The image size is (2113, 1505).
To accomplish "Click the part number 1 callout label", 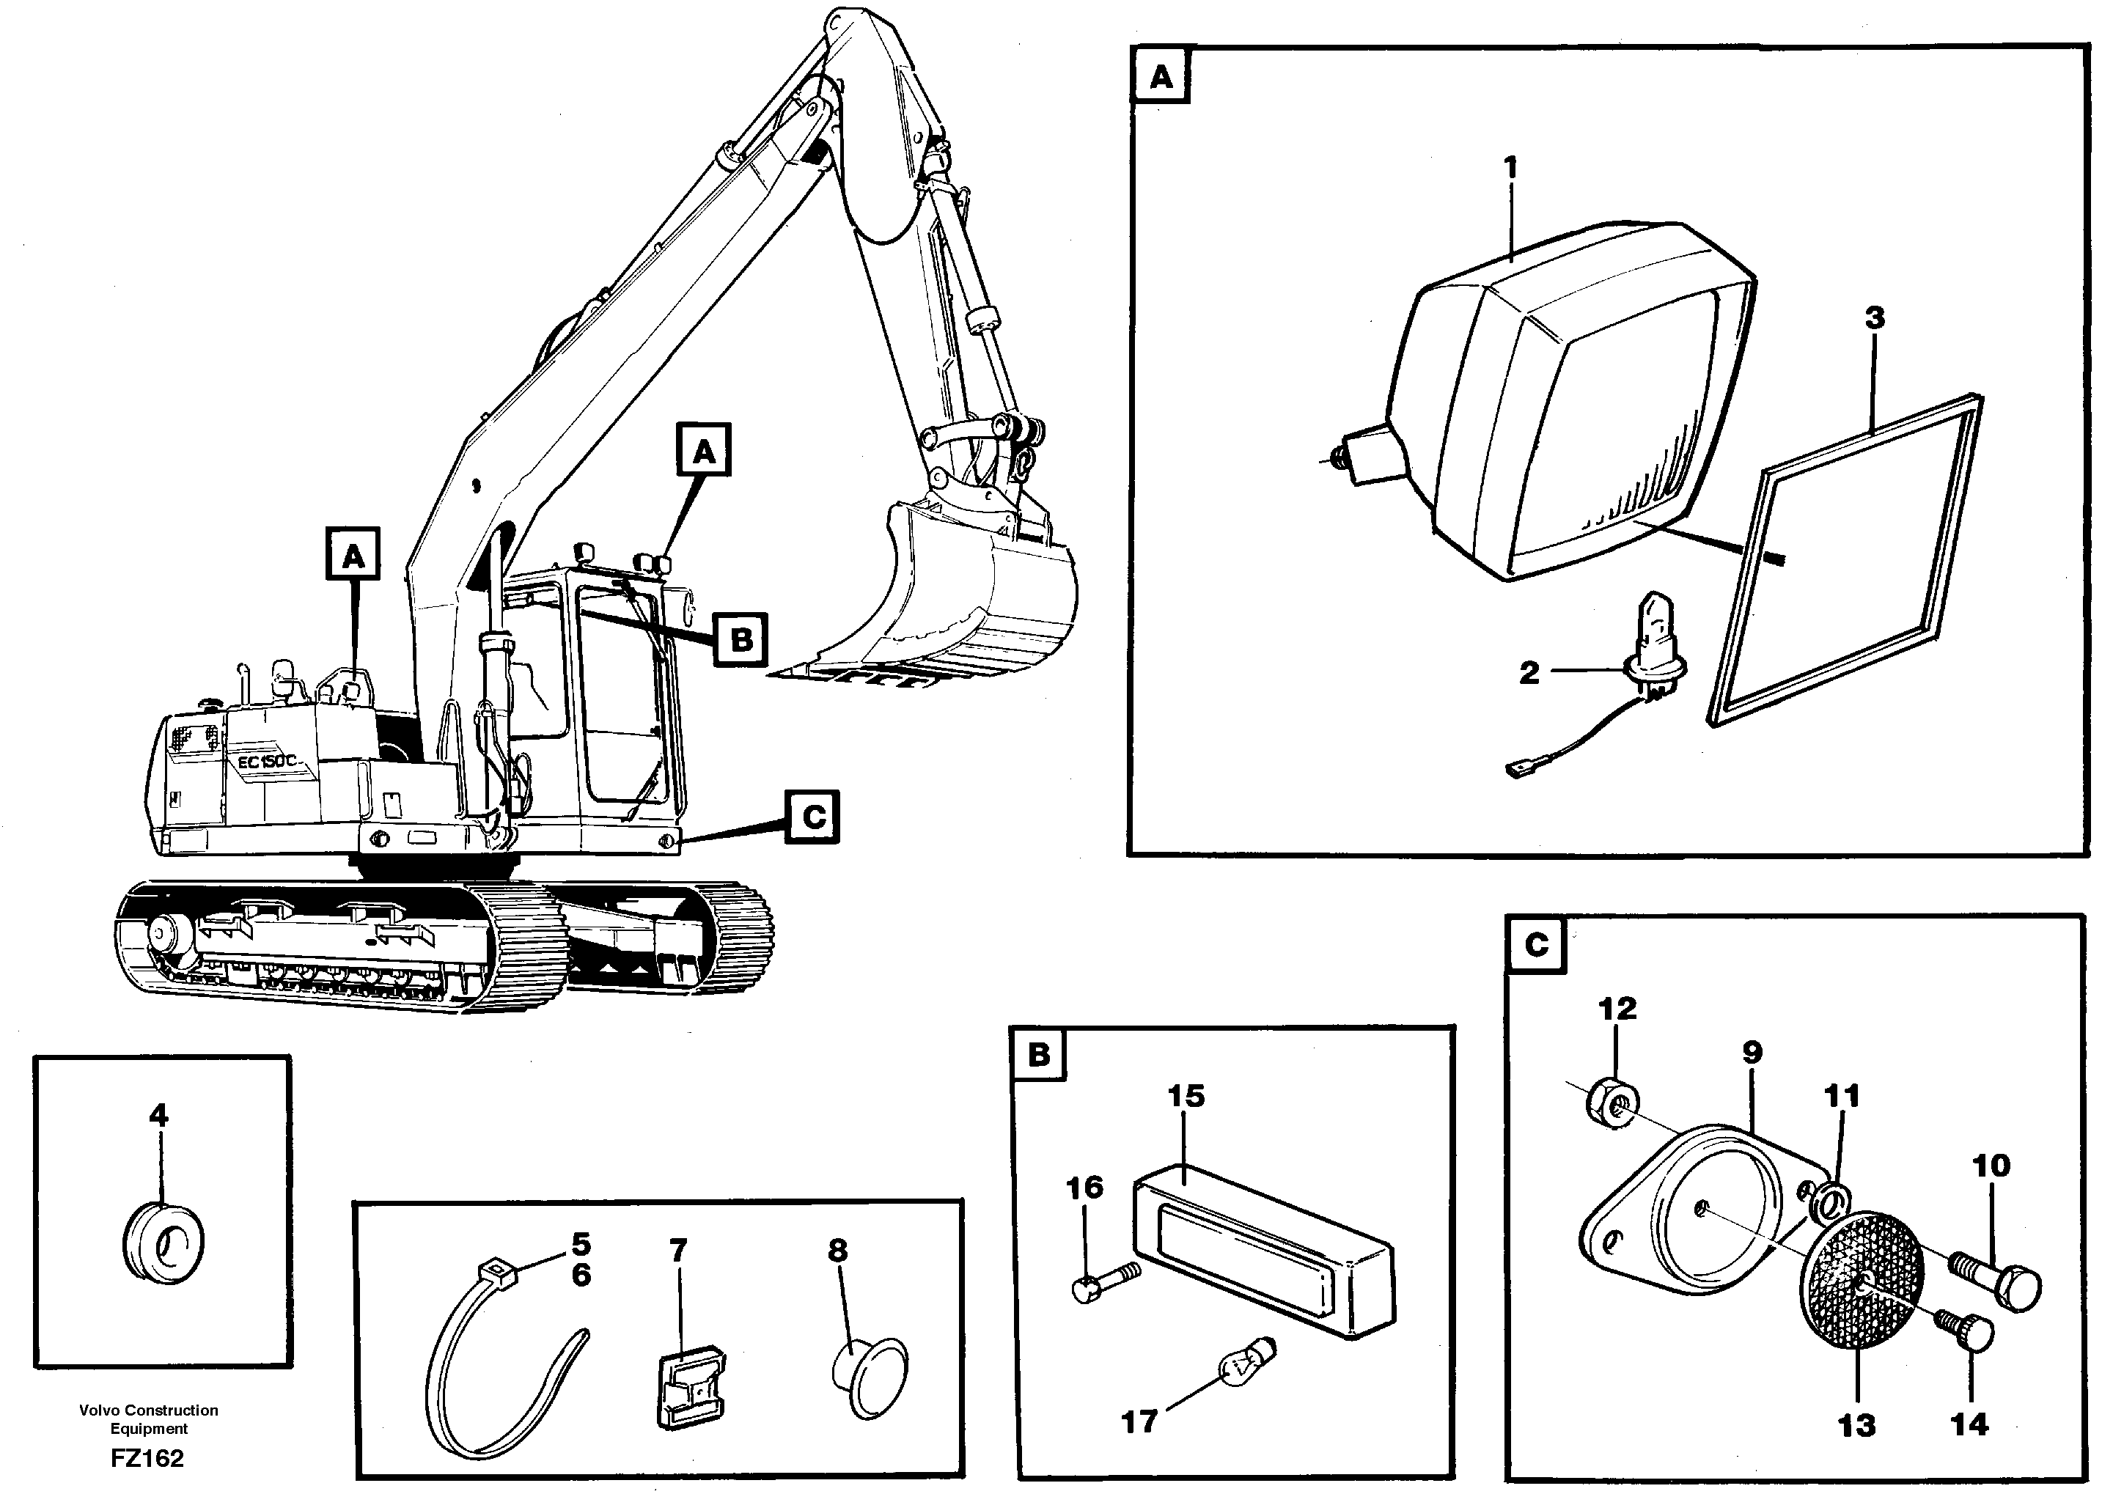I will click(x=1510, y=168).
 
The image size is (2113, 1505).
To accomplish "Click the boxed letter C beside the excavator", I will click(x=812, y=817).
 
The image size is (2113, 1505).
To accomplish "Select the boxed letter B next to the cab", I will click(x=741, y=639).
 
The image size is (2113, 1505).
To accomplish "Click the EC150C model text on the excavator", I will click(x=267, y=762).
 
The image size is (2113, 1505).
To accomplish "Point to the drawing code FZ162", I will click(x=147, y=1459).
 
